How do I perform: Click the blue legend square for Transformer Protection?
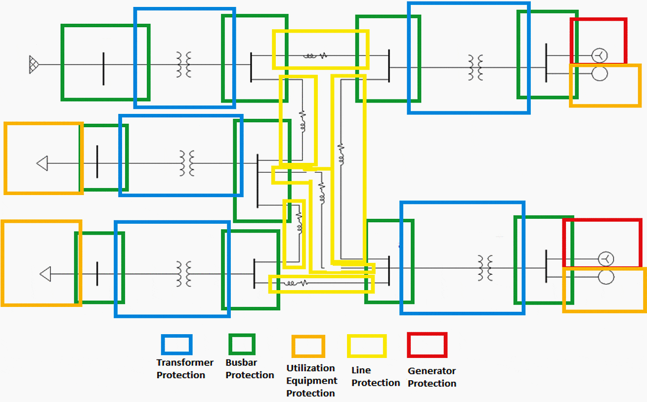tap(176, 345)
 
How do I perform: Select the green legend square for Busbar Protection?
tap(242, 344)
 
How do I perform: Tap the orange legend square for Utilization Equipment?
tap(308, 346)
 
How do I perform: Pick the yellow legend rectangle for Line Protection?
tap(367, 346)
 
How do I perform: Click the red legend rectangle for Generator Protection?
tap(427, 345)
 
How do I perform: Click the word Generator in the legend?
tap(431, 371)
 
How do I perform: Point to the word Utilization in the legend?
tap(310, 368)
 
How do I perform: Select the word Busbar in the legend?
tap(242, 362)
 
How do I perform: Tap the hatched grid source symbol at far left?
tap(34, 65)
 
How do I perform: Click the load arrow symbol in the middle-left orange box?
tap(43, 163)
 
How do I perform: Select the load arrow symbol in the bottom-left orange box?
tap(45, 274)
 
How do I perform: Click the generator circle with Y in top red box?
tap(600, 55)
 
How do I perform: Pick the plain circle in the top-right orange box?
tap(600, 74)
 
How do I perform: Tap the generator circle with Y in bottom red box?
tap(606, 258)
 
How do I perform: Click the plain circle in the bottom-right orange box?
tap(606, 277)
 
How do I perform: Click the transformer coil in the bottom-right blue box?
tap(485, 267)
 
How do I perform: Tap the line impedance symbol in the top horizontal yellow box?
tap(315, 55)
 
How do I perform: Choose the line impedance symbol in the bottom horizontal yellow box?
tap(297, 283)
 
